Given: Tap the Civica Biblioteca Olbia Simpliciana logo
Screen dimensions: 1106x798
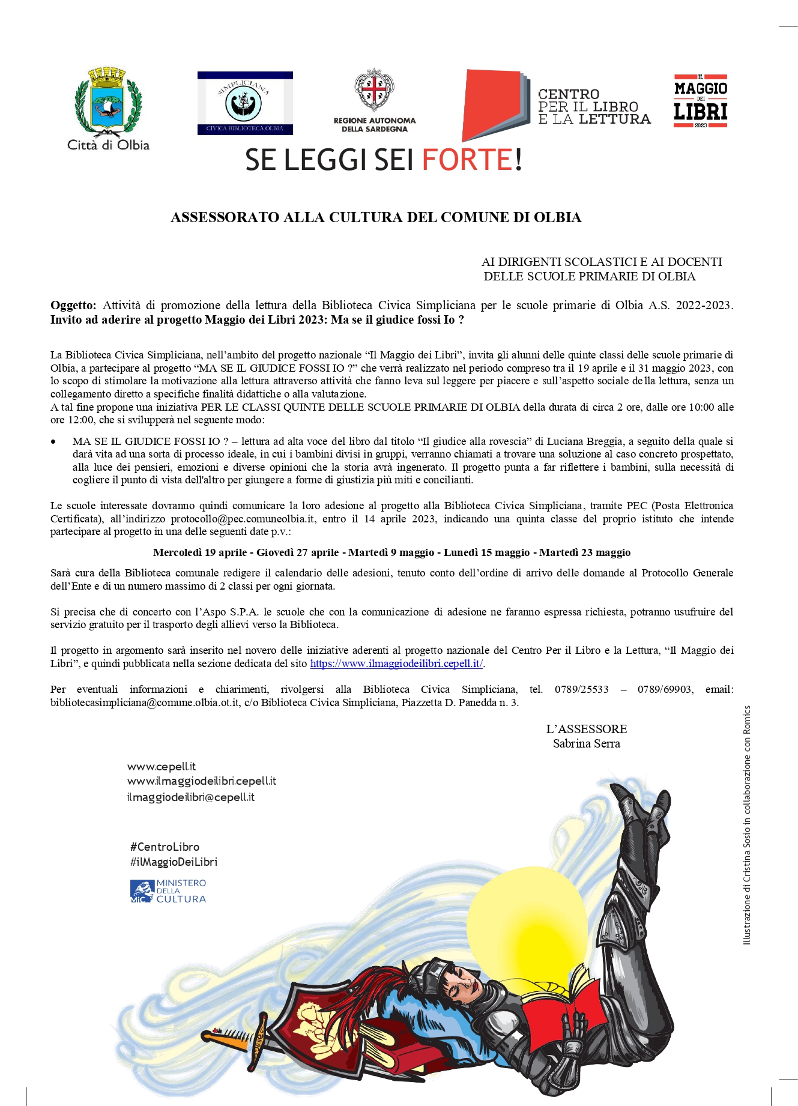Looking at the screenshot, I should coord(245,103).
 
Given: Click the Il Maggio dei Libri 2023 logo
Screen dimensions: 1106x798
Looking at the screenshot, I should coord(700,101).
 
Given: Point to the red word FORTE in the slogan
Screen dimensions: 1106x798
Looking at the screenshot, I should coord(467,160).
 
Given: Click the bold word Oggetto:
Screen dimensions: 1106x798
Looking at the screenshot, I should coord(73,305).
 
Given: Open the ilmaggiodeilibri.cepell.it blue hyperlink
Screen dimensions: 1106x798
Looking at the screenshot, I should coord(396,663).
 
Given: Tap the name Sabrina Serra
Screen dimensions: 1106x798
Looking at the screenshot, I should coord(586,743).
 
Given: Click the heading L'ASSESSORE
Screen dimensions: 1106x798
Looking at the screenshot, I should coord(586,729).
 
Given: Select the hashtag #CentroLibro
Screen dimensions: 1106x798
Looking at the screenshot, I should coord(165,847).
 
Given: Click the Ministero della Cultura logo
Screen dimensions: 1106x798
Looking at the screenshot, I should coord(168,891).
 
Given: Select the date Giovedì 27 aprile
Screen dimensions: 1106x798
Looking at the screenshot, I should coord(298,552).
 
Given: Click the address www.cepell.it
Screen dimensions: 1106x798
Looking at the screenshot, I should coord(162,767).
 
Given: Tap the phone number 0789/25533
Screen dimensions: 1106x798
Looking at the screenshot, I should coord(581,689).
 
